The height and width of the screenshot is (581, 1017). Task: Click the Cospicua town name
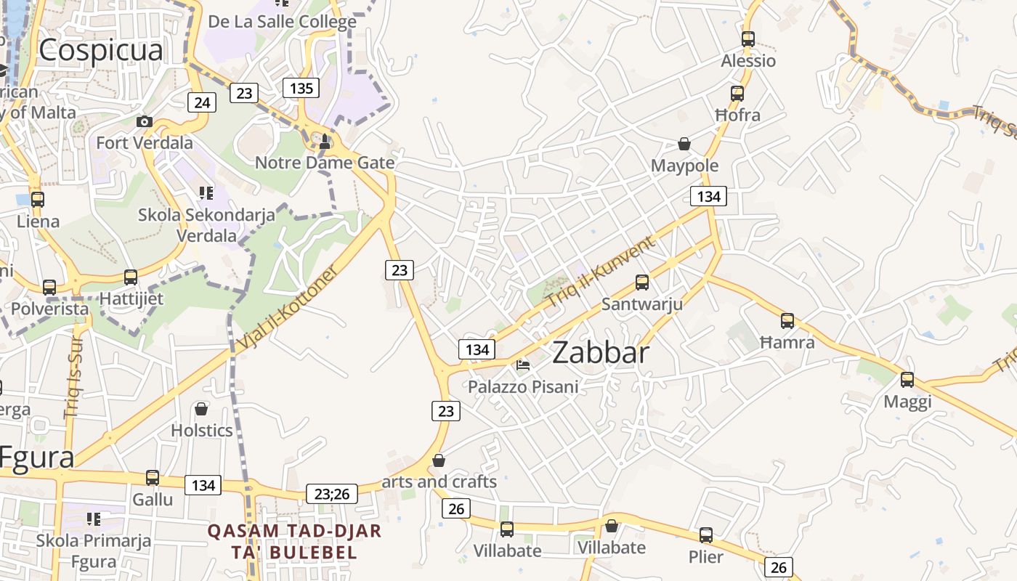point(100,50)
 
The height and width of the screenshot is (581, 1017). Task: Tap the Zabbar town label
point(600,353)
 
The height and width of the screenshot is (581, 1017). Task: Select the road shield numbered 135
point(301,89)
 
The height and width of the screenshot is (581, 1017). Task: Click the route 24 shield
point(202,102)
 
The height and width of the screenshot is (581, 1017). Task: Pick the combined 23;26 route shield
point(332,494)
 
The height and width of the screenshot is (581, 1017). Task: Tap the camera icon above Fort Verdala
point(145,121)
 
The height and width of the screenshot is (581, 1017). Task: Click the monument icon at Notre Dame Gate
point(325,142)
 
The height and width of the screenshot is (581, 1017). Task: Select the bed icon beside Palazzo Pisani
point(523,365)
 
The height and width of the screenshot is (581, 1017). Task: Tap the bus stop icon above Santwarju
point(642,283)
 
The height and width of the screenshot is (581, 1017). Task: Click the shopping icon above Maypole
point(684,144)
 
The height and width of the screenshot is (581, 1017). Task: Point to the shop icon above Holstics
point(201,409)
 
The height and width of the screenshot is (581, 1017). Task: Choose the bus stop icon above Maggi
point(907,379)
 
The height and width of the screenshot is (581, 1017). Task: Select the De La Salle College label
point(282,22)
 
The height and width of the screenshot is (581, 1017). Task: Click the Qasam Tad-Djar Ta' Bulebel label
point(294,541)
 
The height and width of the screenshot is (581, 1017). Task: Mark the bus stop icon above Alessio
point(748,39)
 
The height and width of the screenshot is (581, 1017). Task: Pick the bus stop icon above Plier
point(705,535)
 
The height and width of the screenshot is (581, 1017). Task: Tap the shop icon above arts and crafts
point(439,460)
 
